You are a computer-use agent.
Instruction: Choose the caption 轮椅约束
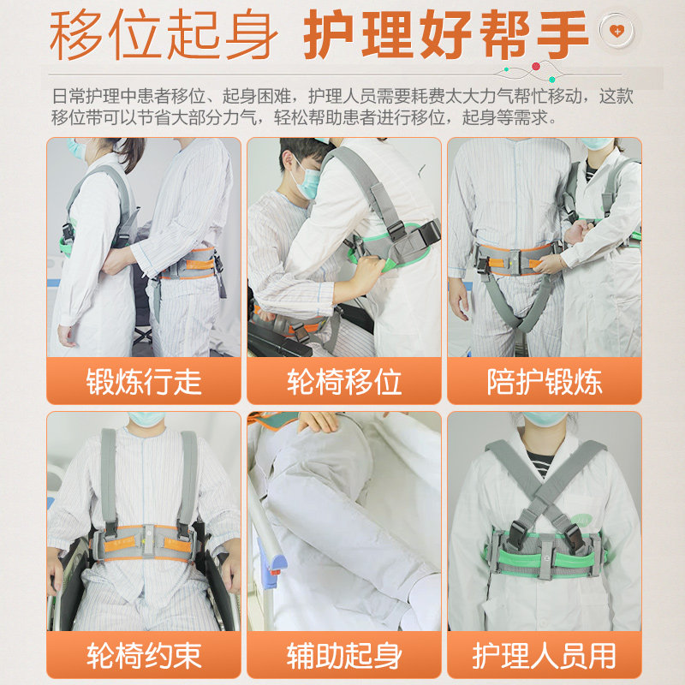(143, 656)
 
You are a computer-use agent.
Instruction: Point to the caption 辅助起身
(343, 656)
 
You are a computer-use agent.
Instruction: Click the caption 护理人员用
(544, 656)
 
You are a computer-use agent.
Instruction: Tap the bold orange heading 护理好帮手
(446, 36)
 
